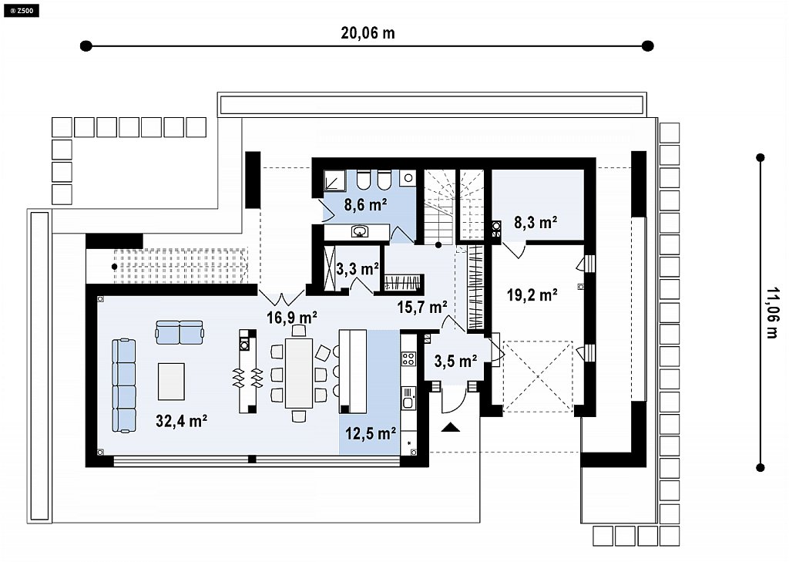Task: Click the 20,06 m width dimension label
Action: [368, 33]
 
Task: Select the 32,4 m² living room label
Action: [182, 420]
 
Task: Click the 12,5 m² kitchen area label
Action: [371, 432]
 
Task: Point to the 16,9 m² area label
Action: [292, 318]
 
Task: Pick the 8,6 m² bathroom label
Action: [365, 204]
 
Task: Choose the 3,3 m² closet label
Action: [358, 269]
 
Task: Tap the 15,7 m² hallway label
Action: [423, 307]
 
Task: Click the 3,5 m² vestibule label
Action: [455, 361]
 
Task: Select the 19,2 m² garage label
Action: [532, 294]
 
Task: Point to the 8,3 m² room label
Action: [536, 222]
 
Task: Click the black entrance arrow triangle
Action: [451, 428]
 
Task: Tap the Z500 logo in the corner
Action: [21, 9]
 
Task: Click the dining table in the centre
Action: [299, 372]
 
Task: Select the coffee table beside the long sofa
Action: [171, 381]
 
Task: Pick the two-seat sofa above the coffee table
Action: [180, 332]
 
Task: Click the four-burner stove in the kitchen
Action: [408, 359]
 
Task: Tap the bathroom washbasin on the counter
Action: [360, 231]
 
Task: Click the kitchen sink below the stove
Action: [408, 398]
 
